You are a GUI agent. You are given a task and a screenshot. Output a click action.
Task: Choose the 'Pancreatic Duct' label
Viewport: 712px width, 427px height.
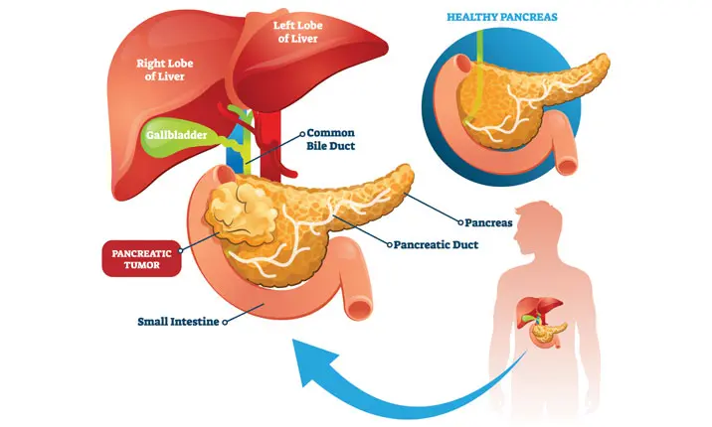(438, 242)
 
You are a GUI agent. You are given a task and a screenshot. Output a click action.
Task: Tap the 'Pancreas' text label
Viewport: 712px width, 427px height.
(489, 222)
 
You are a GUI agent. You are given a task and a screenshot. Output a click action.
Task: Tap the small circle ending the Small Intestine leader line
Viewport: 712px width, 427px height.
(227, 322)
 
